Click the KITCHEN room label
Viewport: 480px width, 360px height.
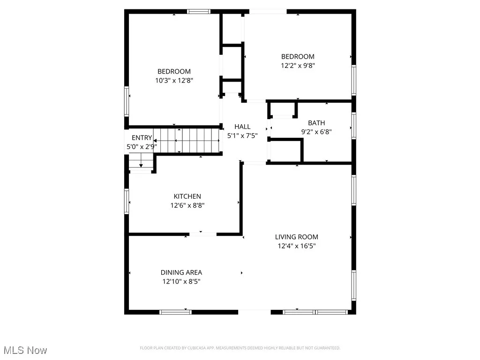[187, 196]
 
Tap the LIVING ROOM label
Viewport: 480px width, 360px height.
[296, 237]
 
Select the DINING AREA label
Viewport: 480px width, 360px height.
[181, 272]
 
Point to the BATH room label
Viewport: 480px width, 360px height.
[316, 123]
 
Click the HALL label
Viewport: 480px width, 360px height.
[242, 127]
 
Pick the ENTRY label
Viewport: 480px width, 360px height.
[142, 138]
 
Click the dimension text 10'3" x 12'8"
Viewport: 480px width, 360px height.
[174, 80]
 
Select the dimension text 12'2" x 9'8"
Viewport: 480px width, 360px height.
[298, 66]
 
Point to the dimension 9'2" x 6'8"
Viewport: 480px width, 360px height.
[316, 132]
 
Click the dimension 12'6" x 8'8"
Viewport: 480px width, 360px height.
[187, 205]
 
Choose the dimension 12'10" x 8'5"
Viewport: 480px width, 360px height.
[181, 281]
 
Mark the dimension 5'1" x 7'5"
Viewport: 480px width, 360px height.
[242, 135]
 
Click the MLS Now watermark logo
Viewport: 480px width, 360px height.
[25, 350]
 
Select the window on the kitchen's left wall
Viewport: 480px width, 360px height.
[127, 202]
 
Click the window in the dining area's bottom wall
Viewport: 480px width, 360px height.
[175, 312]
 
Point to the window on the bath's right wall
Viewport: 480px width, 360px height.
[354, 125]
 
